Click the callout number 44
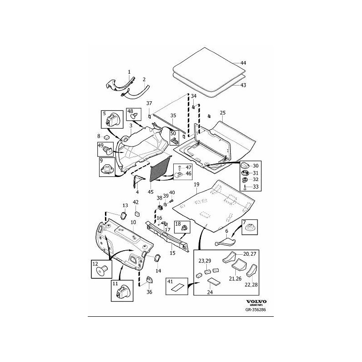243,63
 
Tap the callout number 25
223,113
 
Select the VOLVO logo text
256,301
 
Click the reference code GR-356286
256,310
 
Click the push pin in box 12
102,270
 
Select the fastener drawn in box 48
134,115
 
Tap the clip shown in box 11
122,291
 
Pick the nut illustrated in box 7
250,228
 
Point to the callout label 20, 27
250,254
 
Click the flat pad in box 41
177,287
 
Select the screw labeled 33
245,187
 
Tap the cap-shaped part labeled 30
244,165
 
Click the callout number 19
196,185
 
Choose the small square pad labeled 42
137,213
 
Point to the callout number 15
172,253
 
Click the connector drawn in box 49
107,150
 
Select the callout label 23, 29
205,261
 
